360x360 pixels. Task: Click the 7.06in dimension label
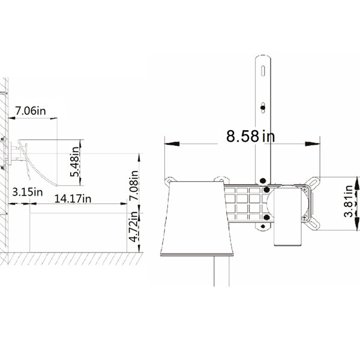point(31,111)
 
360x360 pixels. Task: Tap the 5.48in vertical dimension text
point(75,161)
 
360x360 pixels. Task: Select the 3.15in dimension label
point(28,192)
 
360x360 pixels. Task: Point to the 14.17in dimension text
point(73,199)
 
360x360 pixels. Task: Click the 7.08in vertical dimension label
point(134,185)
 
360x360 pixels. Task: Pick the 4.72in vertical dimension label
point(134,227)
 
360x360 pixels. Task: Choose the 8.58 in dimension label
point(250,136)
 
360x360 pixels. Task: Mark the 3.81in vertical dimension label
point(349,201)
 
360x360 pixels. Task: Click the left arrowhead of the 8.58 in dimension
point(172,144)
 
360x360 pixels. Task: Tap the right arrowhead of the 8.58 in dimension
point(313,144)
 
